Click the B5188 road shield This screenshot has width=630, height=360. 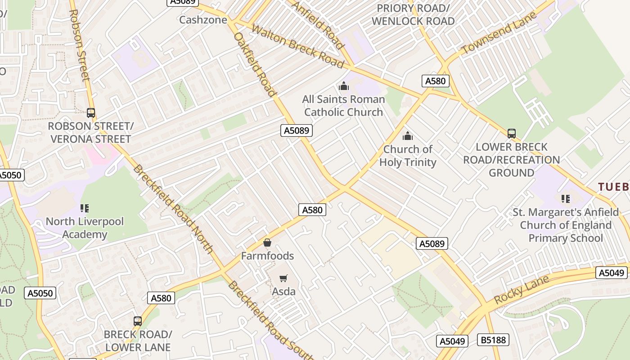pyautogui.click(x=493, y=340)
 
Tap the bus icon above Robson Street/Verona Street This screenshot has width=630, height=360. pyautogui.click(x=91, y=113)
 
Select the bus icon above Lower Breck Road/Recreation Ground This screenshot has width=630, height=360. pyautogui.click(x=511, y=134)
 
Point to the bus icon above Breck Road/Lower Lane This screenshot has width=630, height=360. pyautogui.click(x=138, y=321)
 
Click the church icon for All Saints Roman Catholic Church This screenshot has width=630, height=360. pyautogui.click(x=344, y=86)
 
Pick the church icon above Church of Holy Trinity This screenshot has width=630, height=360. pyautogui.click(x=408, y=135)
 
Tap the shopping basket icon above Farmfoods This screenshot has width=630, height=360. pyautogui.click(x=267, y=243)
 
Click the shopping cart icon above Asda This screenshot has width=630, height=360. pyautogui.click(x=283, y=278)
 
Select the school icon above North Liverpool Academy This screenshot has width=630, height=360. pyautogui.click(x=85, y=208)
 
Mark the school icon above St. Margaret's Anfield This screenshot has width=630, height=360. pyautogui.click(x=566, y=198)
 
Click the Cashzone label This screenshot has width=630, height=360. pyautogui.click(x=203, y=20)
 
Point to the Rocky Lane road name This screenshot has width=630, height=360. pyautogui.click(x=522, y=289)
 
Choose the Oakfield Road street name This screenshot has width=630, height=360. pyautogui.click(x=255, y=64)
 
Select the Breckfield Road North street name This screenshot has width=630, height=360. pyautogui.click(x=173, y=209)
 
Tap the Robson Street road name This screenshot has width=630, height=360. pyautogui.click(x=80, y=45)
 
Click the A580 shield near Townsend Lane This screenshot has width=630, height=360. pyautogui.click(x=435, y=81)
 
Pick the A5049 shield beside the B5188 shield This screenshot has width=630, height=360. pyautogui.click(x=452, y=341)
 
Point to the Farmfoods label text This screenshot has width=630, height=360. pyautogui.click(x=267, y=256)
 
